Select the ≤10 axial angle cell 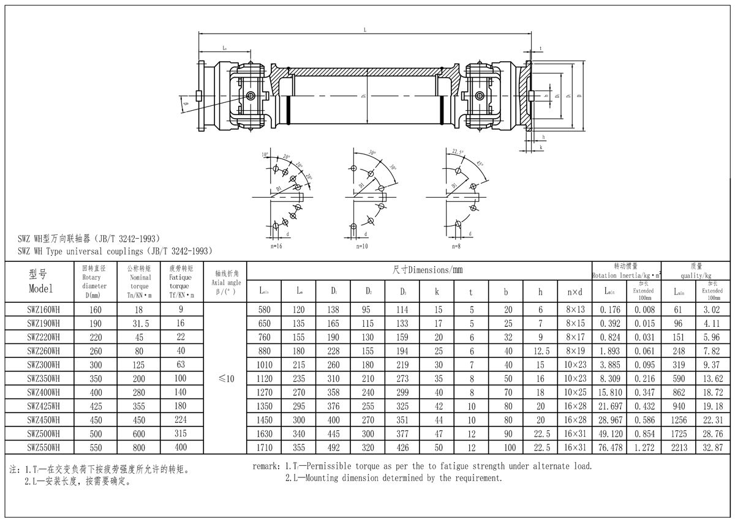pos(226,379)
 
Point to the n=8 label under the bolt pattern pos(456,246)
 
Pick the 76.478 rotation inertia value pos(611,447)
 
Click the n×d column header pos(574,292)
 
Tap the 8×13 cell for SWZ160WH pos(574,310)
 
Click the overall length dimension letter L pos(365,30)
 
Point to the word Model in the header pos(40,288)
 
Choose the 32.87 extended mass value pos(712,447)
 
